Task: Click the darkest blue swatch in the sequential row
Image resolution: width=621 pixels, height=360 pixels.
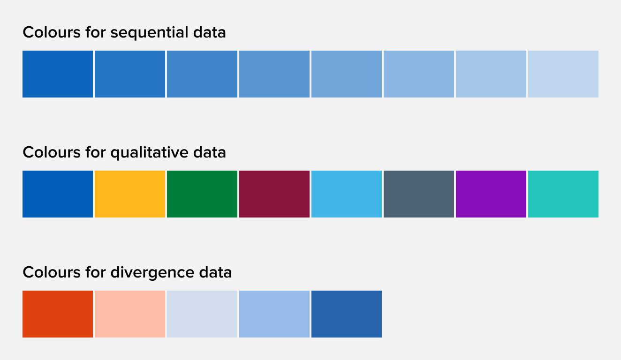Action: click(58, 74)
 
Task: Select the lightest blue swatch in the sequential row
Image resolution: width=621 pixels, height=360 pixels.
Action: click(563, 74)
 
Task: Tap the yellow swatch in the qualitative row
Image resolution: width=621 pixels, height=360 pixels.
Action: click(130, 194)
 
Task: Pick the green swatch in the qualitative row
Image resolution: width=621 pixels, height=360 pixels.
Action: click(202, 194)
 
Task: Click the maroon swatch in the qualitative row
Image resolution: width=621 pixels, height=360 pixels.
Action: click(274, 194)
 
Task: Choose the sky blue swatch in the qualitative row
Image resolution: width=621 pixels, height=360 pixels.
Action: click(347, 194)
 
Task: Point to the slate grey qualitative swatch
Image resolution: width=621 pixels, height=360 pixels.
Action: click(419, 194)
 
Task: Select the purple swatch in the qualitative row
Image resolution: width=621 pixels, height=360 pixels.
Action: click(491, 194)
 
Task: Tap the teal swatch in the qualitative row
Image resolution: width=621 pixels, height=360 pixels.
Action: click(563, 194)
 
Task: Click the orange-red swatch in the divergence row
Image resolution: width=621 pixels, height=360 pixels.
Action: click(58, 314)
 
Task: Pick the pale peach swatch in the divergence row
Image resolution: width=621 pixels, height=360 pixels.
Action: click(130, 314)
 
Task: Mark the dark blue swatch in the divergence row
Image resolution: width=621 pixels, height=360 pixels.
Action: click(347, 314)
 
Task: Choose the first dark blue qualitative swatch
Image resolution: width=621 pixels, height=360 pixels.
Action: click(58, 194)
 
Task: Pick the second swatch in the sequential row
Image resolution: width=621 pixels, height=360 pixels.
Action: click(130, 74)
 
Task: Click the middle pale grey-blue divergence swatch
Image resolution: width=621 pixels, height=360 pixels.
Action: click(202, 314)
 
